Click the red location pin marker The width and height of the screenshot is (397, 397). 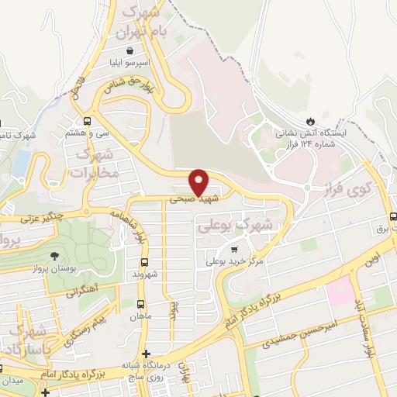(x=200, y=181)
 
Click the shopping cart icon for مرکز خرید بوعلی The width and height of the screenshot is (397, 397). (x=233, y=249)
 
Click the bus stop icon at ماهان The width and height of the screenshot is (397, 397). (x=140, y=305)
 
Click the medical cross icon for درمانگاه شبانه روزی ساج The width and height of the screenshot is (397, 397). (x=147, y=354)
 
